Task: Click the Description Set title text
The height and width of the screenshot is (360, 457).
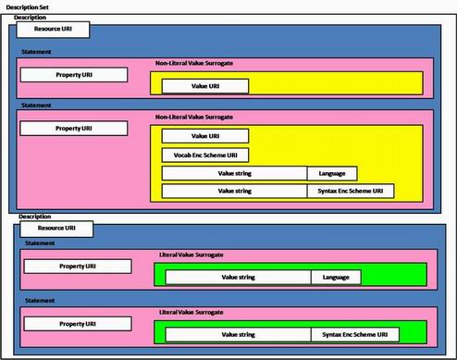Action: click(29, 6)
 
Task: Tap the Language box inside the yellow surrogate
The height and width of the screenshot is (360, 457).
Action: click(332, 173)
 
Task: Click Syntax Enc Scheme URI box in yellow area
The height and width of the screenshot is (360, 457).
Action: click(351, 192)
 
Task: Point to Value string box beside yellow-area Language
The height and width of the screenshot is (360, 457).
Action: click(235, 173)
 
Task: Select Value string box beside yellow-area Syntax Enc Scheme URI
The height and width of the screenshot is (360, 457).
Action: click(235, 192)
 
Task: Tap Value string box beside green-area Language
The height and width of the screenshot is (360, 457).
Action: click(237, 276)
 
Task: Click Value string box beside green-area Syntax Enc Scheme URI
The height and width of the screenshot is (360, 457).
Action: click(237, 333)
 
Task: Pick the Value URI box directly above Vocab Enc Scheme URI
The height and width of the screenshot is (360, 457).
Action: click(204, 136)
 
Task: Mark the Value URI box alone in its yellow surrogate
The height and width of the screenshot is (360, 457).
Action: click(204, 86)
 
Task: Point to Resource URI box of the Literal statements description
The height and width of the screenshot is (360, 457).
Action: click(55, 228)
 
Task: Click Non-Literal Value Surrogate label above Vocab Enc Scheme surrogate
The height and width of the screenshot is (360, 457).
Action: click(194, 118)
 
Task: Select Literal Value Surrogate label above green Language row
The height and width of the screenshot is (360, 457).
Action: click(191, 254)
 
